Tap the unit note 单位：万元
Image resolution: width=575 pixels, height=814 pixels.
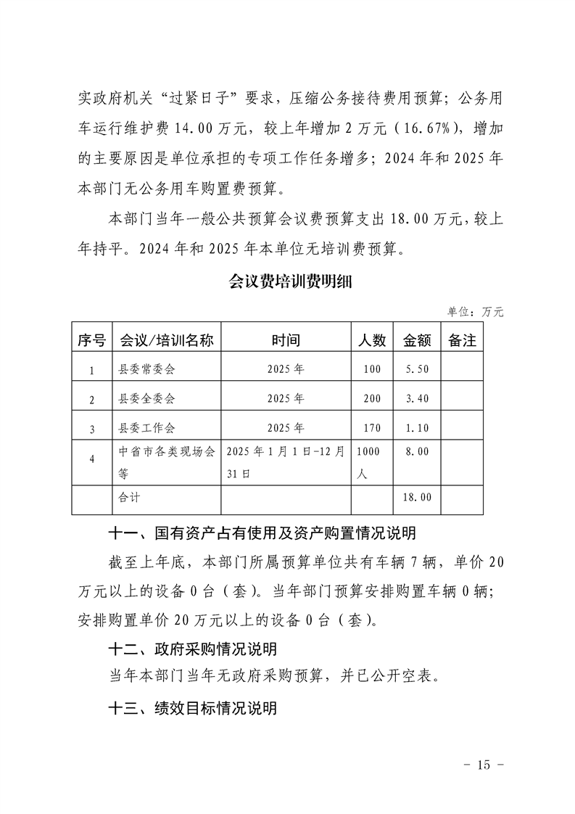(475, 312)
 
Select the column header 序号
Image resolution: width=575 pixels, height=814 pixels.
(91, 340)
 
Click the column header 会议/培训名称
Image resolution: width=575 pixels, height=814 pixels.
(167, 340)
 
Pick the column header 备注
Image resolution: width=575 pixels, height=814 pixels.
(462, 340)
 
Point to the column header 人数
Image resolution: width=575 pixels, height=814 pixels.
(372, 340)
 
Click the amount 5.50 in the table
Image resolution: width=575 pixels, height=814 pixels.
(417, 369)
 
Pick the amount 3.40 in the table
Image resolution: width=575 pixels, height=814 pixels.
(417, 399)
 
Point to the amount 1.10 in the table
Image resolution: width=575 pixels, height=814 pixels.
(417, 428)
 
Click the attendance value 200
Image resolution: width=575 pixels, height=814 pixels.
(372, 399)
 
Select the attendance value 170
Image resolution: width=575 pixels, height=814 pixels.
(372, 428)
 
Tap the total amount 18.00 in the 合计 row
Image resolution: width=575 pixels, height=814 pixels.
(417, 498)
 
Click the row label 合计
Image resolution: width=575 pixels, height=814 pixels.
(130, 498)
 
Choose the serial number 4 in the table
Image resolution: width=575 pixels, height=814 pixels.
(91, 459)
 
